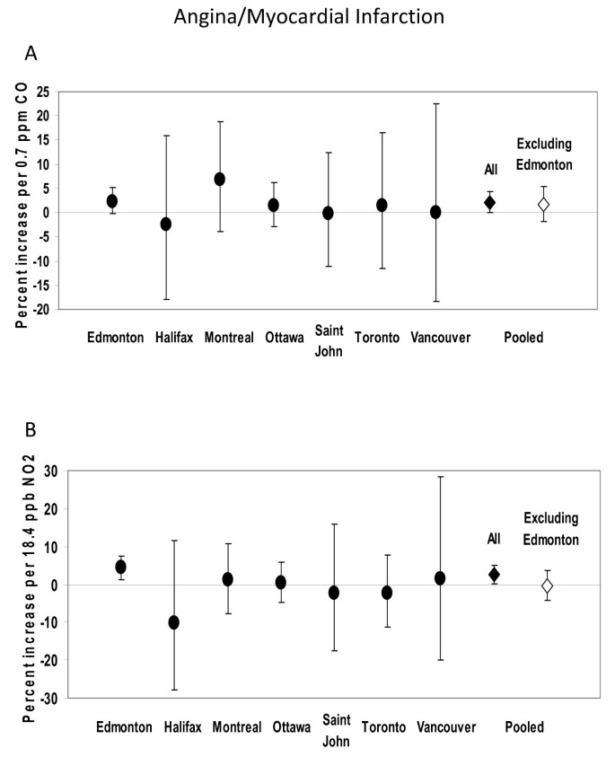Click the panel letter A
pos(31,54)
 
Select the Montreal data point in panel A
pos(219,179)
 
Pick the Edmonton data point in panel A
pos(112,201)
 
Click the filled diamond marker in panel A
pos(489,203)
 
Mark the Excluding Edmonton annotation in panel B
pos(549,528)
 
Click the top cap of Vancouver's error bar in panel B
pos(440,477)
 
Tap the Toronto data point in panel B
pos(387,593)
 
